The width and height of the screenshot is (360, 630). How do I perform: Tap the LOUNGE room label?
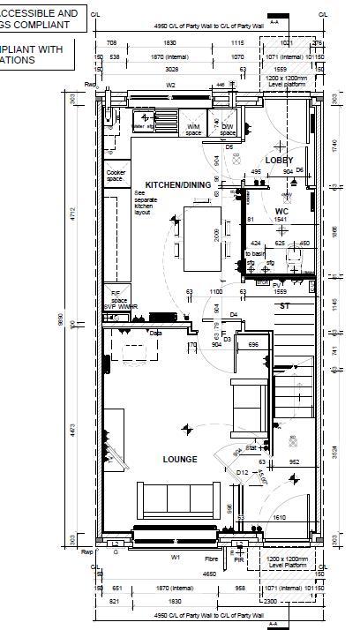tap(180, 460)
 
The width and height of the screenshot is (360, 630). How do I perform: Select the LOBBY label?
tap(279, 160)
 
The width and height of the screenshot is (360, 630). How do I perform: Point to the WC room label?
tap(281, 212)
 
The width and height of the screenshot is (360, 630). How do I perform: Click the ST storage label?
tap(284, 306)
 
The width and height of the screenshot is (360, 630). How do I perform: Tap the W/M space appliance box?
tap(194, 129)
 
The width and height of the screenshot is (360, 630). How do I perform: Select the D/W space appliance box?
tap(228, 129)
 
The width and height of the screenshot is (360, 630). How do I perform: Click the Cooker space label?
tap(116, 176)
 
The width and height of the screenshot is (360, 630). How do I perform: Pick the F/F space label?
tap(116, 297)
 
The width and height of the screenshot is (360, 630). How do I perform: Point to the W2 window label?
tap(171, 86)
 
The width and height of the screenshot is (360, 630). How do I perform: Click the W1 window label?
tap(175, 558)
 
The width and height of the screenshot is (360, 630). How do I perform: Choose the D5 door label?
tap(229, 147)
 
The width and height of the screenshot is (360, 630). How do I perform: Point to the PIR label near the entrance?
tap(239, 559)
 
